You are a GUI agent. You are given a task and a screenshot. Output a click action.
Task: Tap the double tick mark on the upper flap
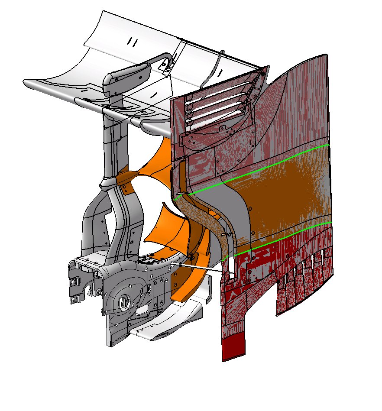tap(133, 42)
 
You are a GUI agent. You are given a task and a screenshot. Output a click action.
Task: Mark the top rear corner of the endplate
tap(326, 55)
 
